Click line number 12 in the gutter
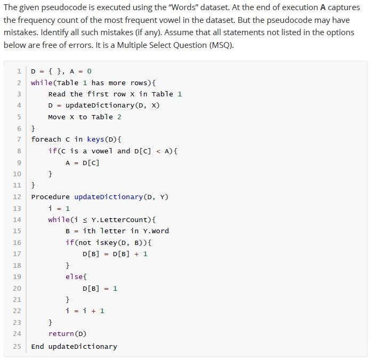(x=17, y=197)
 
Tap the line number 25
(x=17, y=346)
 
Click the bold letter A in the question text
(x=322, y=7)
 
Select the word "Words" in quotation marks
(x=185, y=7)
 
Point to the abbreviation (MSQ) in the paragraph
(x=221, y=45)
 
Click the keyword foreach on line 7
(x=46, y=139)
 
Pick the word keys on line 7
(x=95, y=140)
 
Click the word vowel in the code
(x=102, y=151)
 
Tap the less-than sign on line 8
(x=158, y=151)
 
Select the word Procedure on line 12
(x=51, y=197)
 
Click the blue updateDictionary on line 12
(x=109, y=197)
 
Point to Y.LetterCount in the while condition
(x=121, y=220)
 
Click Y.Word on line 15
(x=156, y=231)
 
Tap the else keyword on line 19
(x=74, y=276)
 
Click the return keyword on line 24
(x=61, y=333)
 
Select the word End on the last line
(x=38, y=346)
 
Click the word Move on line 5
(x=57, y=117)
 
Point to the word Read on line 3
(x=57, y=94)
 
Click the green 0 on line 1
(x=89, y=71)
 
